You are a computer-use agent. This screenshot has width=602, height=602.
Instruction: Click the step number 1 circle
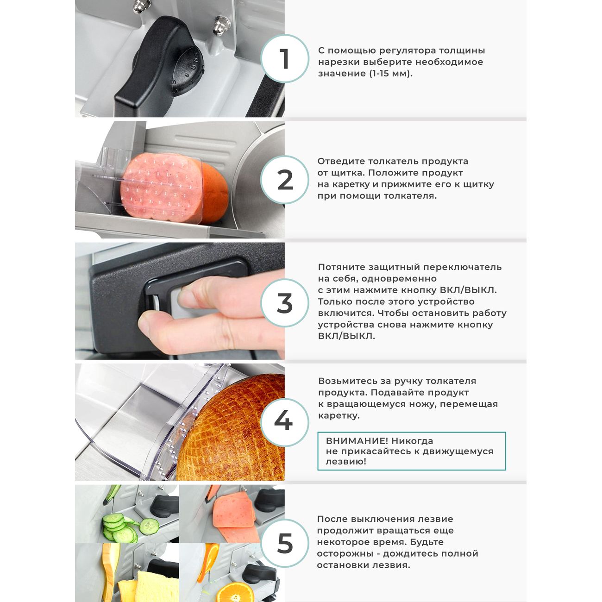[284, 58]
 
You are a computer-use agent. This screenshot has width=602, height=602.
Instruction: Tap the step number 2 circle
[284, 180]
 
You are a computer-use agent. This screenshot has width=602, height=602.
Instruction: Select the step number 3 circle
[284, 303]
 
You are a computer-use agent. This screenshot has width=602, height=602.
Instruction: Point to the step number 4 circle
[284, 422]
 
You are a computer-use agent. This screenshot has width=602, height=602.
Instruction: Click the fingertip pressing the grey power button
[187, 296]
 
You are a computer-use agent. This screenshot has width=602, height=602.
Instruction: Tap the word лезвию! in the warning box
[346, 461]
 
